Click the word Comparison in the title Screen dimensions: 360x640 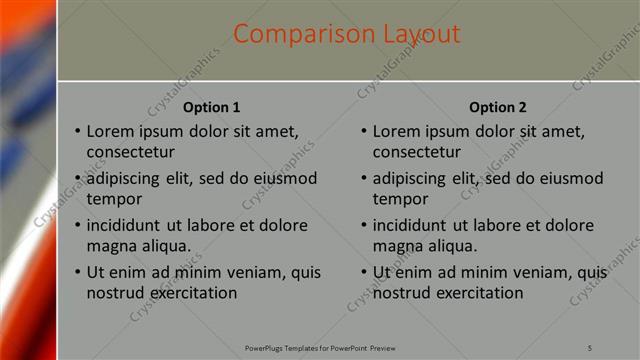tap(292, 35)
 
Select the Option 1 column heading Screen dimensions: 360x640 tap(212, 107)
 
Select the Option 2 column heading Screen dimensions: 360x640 tap(497, 107)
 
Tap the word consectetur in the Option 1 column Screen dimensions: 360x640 tap(131, 152)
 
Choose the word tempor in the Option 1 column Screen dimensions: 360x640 tap(112, 199)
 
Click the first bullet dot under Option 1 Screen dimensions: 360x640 tap(77, 132)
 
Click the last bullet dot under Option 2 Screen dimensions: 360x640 tap(363, 273)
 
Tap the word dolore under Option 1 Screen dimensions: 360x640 tap(271, 225)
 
